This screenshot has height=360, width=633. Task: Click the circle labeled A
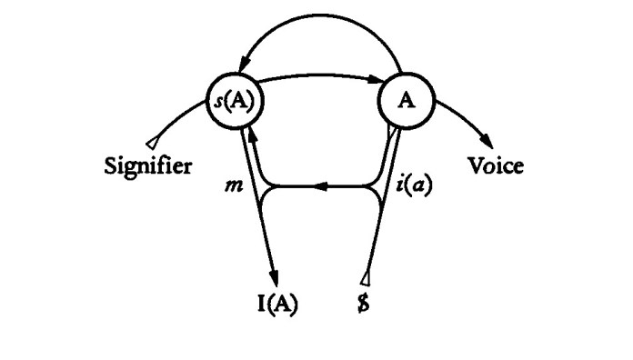pyautogui.click(x=400, y=99)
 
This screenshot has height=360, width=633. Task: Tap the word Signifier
pyautogui.click(x=147, y=166)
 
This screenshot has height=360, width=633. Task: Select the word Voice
pyautogui.click(x=495, y=166)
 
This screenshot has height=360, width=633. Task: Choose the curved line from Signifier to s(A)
pyautogui.click(x=182, y=114)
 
